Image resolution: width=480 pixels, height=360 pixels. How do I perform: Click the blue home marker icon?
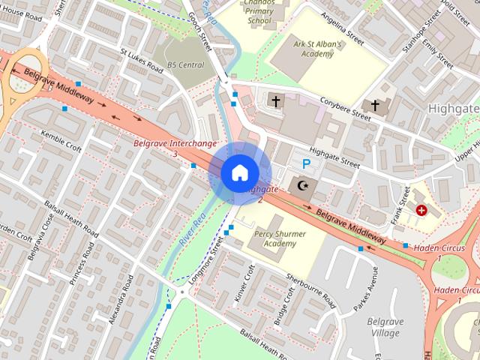[239, 172]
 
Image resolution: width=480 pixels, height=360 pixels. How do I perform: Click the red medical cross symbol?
[421, 211]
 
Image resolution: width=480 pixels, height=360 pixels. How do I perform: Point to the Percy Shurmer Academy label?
[280, 238]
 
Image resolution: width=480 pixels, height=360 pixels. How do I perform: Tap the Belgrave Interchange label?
[175, 142]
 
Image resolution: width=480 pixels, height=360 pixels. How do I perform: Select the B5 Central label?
[185, 65]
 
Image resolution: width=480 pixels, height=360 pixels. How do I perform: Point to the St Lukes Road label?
[142, 59]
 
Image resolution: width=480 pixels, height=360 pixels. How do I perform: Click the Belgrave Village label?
[385, 327]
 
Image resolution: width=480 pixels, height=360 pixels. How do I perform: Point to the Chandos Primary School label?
[259, 13]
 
